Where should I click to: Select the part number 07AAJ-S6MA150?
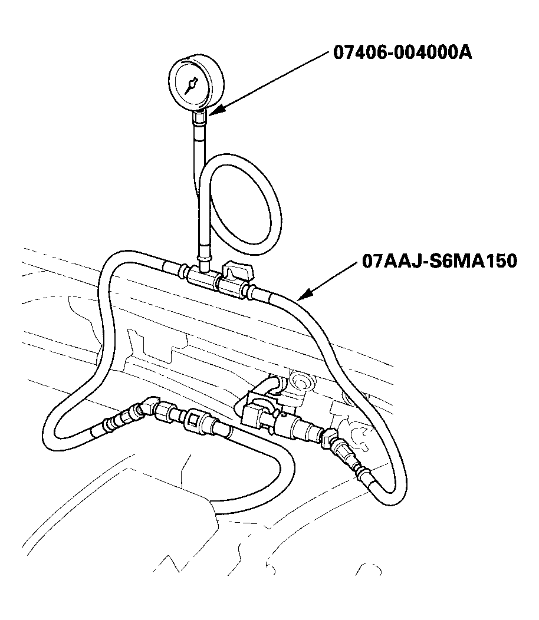pyautogui.click(x=439, y=261)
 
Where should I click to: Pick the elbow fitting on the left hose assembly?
pyautogui.click(x=147, y=408)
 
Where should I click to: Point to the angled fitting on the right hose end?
pyautogui.click(x=330, y=438)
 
